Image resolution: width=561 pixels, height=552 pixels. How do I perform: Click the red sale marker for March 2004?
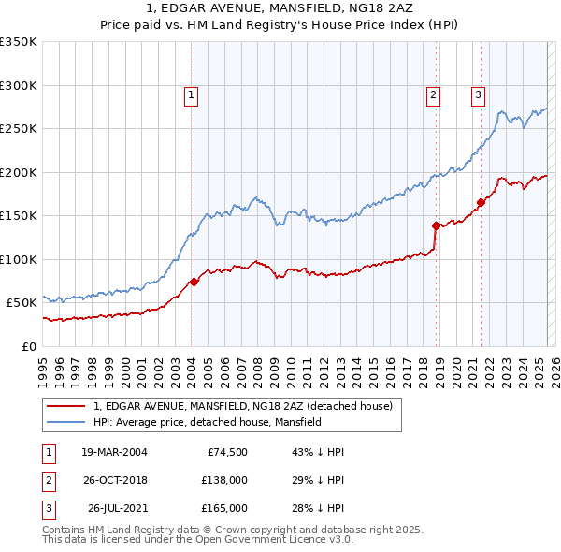point(194,281)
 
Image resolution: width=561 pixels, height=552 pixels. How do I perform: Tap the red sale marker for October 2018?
point(436,225)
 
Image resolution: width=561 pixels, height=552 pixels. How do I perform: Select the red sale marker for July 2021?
point(481,202)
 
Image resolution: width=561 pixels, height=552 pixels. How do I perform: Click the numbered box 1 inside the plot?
point(191,94)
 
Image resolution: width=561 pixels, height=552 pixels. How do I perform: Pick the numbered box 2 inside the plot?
point(434,94)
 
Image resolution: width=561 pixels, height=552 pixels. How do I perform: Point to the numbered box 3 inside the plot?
point(478,94)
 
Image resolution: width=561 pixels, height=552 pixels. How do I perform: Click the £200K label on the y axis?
point(19,172)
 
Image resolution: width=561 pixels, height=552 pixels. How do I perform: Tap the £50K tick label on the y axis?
point(22,302)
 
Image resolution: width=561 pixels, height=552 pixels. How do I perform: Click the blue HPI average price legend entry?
point(208,422)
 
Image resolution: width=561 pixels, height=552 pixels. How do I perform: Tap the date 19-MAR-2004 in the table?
point(114,452)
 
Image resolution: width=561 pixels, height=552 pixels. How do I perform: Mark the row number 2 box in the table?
point(45,480)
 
